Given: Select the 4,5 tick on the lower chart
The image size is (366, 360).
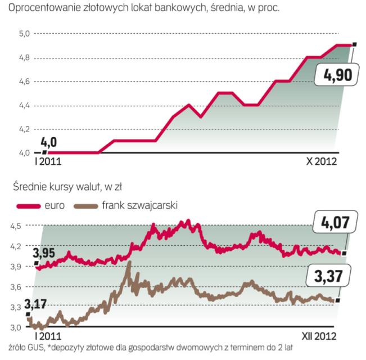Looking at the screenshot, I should tap(17, 226).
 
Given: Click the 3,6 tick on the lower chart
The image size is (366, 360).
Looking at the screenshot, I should tap(17, 287).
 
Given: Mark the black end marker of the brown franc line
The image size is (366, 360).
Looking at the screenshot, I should tap(338, 300).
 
